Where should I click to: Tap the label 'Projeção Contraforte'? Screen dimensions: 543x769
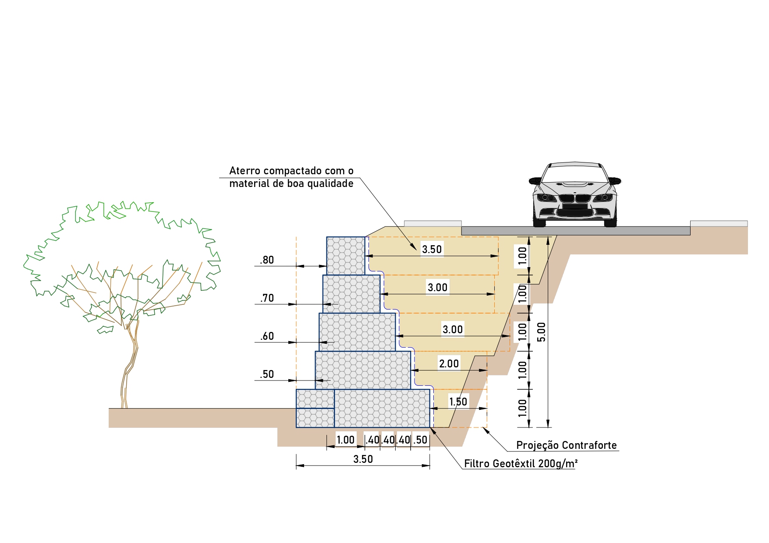tap(566, 445)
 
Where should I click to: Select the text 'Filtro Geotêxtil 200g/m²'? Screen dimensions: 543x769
tap(521, 463)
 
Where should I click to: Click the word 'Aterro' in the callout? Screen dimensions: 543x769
tap(245, 171)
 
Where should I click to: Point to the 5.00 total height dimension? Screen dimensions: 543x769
tap(542, 331)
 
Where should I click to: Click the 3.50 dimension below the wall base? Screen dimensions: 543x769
tap(363, 459)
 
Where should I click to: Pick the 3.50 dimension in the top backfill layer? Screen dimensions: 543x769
tap(432, 249)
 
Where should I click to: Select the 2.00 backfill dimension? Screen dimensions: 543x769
tap(449, 363)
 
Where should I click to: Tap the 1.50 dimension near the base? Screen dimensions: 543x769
tap(458, 402)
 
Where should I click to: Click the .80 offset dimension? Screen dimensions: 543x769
tap(266, 260)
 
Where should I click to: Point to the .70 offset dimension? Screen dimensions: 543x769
tap(266, 298)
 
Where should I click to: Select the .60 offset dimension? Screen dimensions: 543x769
tap(266, 336)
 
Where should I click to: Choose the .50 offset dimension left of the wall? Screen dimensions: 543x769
tap(266, 374)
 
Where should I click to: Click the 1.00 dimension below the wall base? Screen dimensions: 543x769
tap(345, 440)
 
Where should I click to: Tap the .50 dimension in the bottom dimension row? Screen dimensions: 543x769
tap(420, 440)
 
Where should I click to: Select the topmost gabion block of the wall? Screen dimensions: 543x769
tap(346, 256)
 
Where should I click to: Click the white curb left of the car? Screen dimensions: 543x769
tap(432, 223)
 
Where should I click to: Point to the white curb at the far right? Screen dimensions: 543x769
tap(719, 223)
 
